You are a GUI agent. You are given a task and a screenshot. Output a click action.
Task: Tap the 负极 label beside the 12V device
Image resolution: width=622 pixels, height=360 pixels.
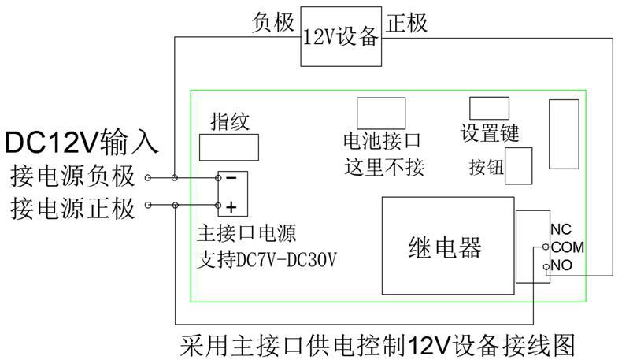coord(274,23)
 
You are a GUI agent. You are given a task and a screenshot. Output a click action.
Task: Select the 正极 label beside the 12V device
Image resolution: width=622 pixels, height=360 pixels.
coord(407,23)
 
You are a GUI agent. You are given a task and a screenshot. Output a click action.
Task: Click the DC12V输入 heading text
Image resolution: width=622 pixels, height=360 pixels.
coord(82,143)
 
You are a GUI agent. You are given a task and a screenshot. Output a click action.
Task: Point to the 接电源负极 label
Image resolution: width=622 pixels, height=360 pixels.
coord(72,176)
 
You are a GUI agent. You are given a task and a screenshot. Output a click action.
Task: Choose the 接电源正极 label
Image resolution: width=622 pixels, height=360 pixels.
coord(72,208)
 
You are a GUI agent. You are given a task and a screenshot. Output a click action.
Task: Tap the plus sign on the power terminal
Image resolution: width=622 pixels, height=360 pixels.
coord(231,207)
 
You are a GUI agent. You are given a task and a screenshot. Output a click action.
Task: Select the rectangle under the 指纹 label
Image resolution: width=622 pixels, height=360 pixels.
coord(230,147)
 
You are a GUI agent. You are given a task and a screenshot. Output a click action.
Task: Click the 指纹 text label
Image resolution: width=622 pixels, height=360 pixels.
coord(230,121)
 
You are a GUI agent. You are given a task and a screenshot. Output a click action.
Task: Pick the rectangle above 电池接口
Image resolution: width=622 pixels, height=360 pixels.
coord(381,113)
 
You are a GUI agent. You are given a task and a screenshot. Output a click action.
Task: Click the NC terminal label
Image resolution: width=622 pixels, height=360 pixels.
coord(561,230)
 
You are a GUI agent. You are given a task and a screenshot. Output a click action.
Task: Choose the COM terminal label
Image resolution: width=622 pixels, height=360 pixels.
coord(566,247)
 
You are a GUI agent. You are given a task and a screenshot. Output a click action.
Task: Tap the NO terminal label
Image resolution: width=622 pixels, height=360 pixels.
coord(561,265)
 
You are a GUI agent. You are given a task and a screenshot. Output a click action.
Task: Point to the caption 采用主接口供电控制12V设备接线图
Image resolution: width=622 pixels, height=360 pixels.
coord(384,345)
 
